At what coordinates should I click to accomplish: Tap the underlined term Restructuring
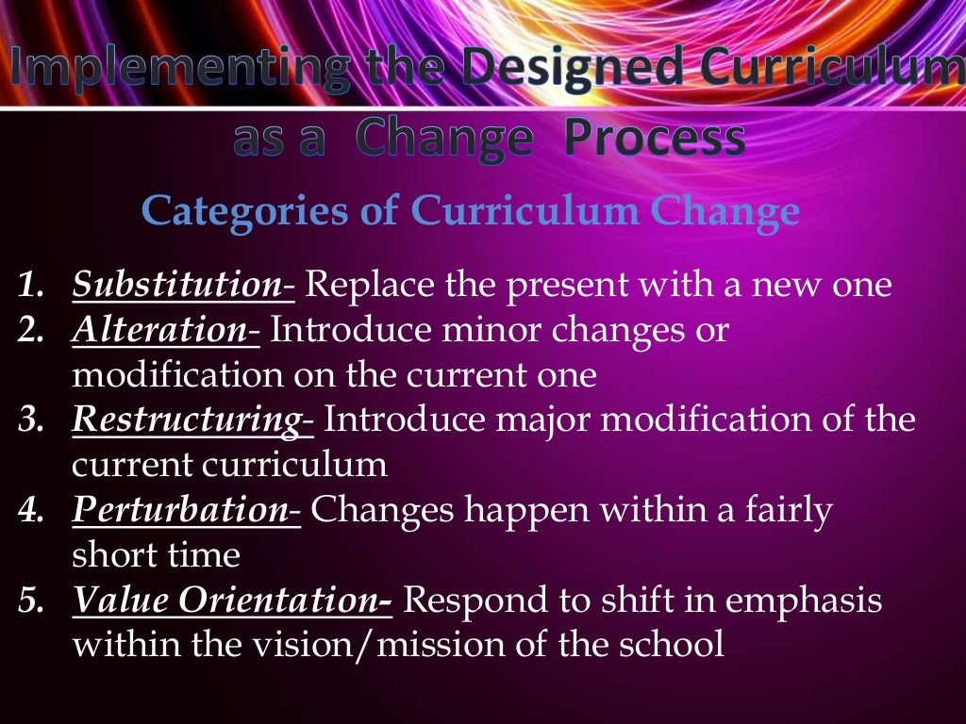pos(188,420)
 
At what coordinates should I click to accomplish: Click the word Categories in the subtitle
pos(241,211)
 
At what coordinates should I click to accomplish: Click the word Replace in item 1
pos(359,285)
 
